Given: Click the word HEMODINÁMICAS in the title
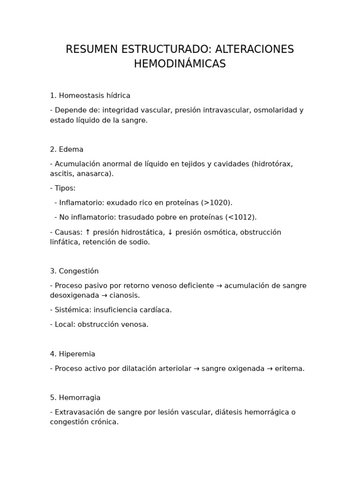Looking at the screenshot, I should pos(180,64).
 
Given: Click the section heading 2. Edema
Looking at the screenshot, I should pos(67,150).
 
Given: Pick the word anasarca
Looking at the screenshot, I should pos(96,173).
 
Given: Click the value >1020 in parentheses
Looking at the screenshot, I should pos(217,203).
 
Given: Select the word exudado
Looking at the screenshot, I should pos(122,203).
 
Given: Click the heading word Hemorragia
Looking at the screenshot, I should pos(80,397).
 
